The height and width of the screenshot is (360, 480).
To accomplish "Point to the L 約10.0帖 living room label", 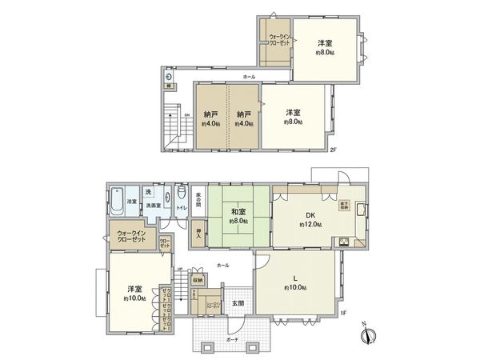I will [x=295, y=282].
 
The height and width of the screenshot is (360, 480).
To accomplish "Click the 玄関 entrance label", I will [x=238, y=303].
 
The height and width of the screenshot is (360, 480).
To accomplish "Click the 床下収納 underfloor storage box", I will [x=344, y=204].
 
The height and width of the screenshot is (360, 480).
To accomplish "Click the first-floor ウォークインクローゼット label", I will [x=126, y=237].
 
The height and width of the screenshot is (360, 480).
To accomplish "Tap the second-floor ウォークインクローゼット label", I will [x=278, y=40].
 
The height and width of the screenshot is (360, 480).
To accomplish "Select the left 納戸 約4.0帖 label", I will [x=211, y=118].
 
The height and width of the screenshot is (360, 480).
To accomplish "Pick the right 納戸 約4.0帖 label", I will [x=245, y=118].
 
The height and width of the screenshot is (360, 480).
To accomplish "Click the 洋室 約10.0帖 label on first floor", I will [x=133, y=292].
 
